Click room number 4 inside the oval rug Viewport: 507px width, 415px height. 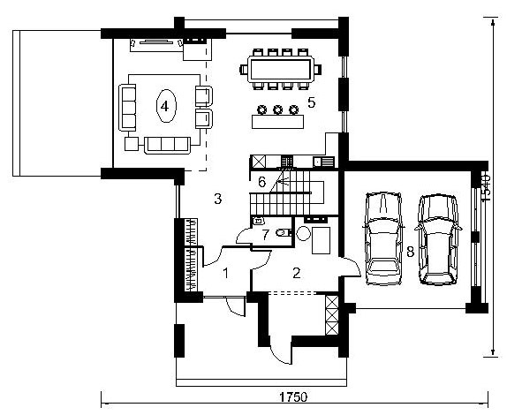(164, 106)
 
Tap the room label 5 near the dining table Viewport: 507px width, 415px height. (311, 102)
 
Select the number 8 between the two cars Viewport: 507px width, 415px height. (411, 251)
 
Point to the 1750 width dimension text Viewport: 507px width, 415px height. (293, 396)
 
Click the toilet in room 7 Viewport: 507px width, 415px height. (283, 232)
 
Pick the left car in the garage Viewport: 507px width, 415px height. (383, 238)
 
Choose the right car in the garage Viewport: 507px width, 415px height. (438, 239)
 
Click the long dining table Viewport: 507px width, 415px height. (280, 69)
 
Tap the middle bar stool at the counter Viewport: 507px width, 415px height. (277, 109)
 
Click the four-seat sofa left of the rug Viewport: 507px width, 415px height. (127, 108)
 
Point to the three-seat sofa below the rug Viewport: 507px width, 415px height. (167, 145)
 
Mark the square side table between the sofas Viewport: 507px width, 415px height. (132, 144)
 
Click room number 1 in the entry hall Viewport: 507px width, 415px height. (226, 274)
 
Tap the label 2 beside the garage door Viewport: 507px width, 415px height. (297, 273)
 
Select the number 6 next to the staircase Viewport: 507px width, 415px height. (262, 182)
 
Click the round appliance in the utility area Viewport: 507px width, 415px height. (303, 233)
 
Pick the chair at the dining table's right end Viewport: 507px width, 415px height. (317, 69)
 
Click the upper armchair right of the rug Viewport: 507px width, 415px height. (204, 96)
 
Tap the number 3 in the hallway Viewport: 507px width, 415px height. (218, 199)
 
